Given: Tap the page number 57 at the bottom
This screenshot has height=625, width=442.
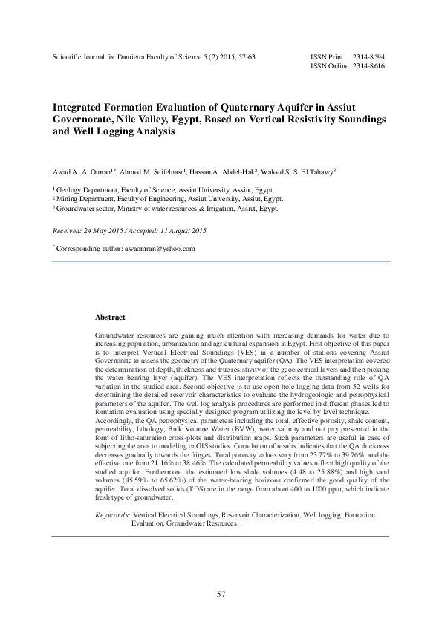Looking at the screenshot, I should [221, 594].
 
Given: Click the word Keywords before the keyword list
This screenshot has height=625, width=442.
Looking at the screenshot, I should [112, 514].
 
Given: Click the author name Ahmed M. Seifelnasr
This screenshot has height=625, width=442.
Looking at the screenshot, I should [154, 171].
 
